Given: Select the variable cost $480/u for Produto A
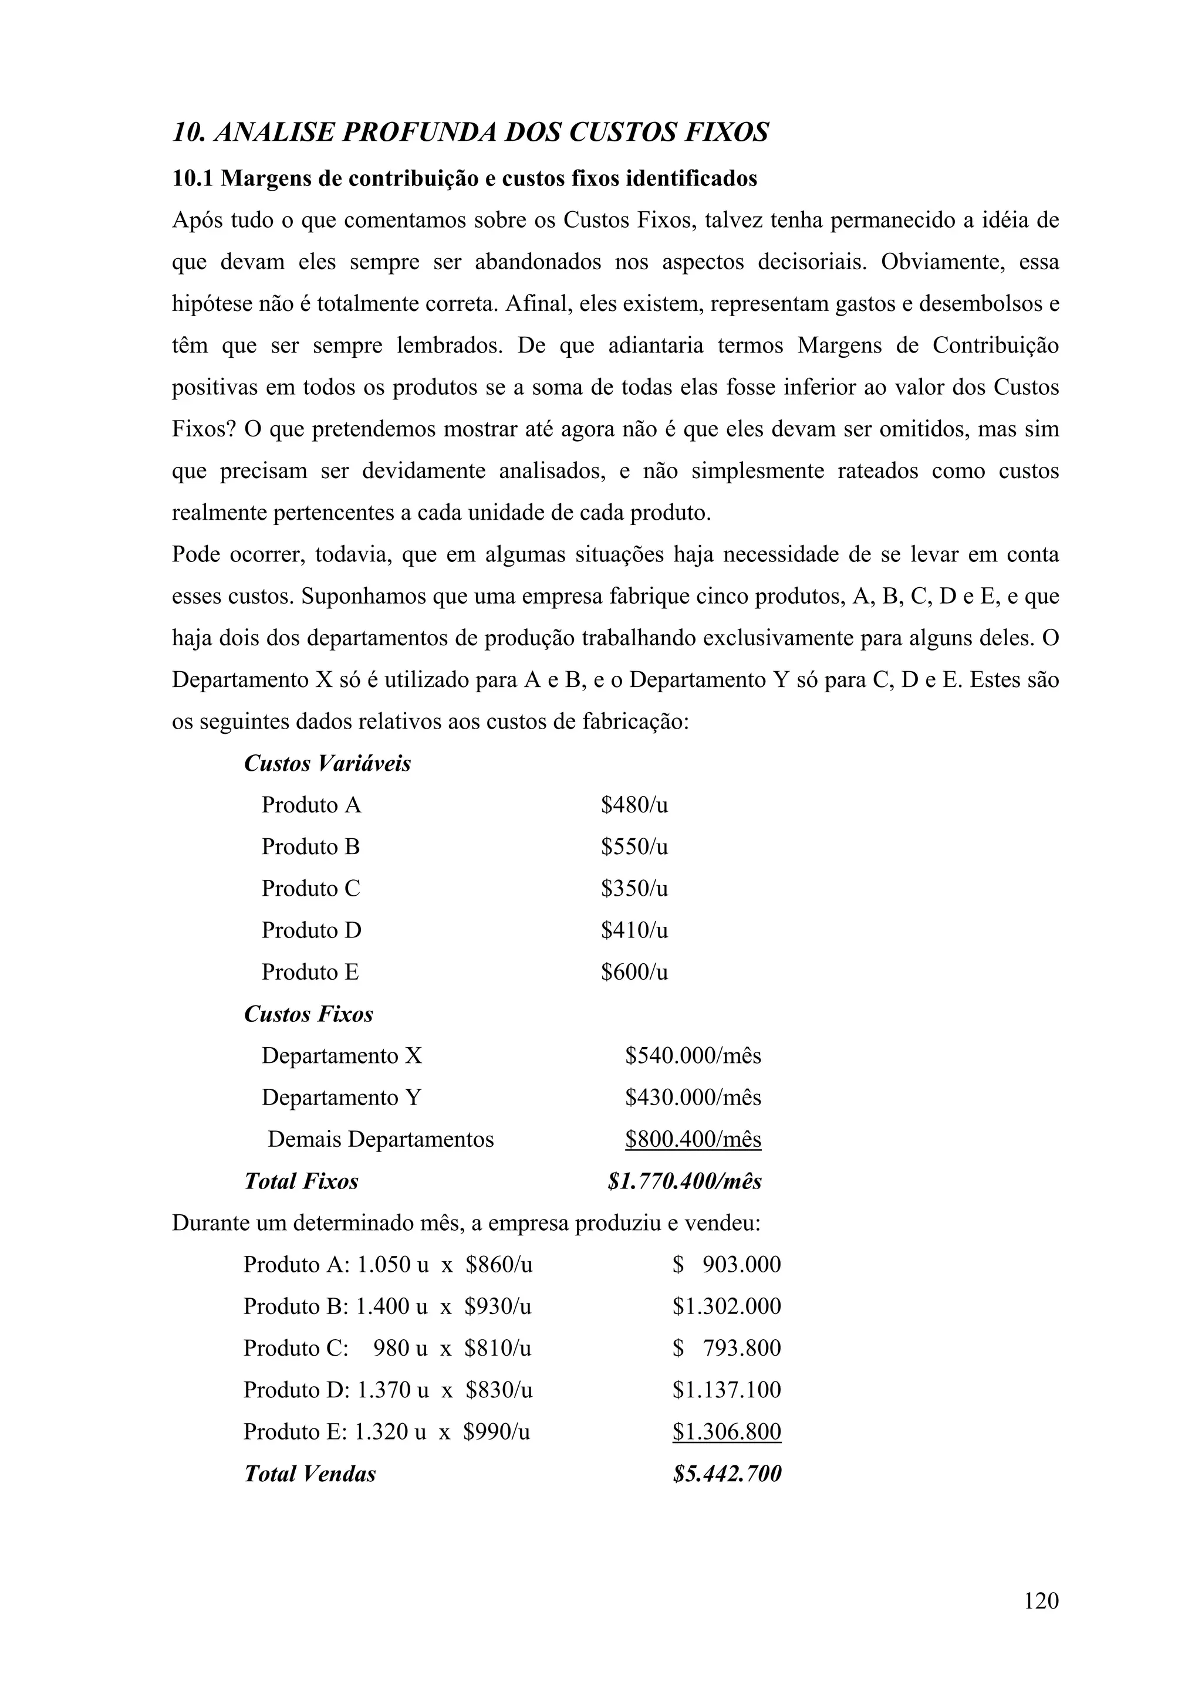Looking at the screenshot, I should pos(634,805).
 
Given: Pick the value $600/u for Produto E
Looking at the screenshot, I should pos(634,971).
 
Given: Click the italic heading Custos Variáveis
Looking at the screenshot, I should pos(327,763).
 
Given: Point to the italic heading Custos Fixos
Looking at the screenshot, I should pos(308,1014).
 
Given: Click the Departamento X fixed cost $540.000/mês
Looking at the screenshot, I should pos(693,1055).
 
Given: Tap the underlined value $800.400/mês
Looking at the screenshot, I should pos(693,1139).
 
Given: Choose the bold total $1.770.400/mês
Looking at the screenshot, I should pos(684,1181).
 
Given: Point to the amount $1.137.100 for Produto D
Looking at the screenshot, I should pos(727,1390).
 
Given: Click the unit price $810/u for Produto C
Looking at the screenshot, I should pos(498,1348).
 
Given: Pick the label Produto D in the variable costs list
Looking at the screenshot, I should pos(311,930).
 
